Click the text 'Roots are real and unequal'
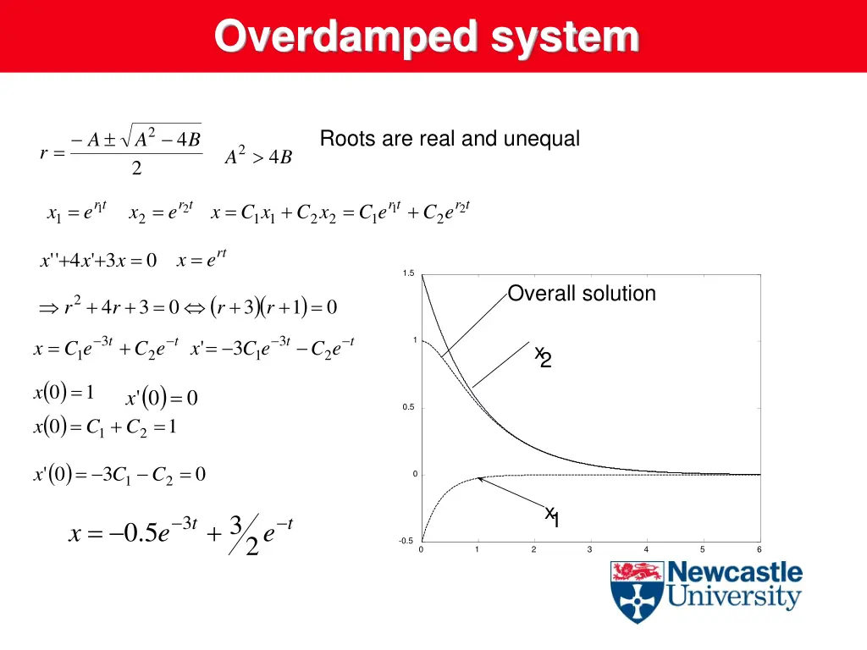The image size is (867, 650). tap(450, 139)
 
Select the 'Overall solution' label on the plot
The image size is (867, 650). tap(582, 294)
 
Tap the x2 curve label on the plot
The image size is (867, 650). tap(543, 356)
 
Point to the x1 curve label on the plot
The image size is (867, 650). tap(552, 516)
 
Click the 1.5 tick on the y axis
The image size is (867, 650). tap(409, 273)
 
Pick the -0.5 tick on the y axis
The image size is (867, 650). tap(406, 541)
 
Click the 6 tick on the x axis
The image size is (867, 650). tap(759, 550)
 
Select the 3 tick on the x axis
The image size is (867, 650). tap(589, 550)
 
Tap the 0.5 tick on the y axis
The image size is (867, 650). tap(409, 407)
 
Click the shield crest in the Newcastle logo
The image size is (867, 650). tap(636, 591)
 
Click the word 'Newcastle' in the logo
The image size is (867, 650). tap(735, 572)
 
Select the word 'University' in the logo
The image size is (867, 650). tap(733, 598)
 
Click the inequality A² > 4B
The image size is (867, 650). tap(258, 157)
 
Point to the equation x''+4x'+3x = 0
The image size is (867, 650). tap(98, 261)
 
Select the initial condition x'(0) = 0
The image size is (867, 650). tap(161, 398)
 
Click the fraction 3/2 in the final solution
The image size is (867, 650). tap(244, 535)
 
